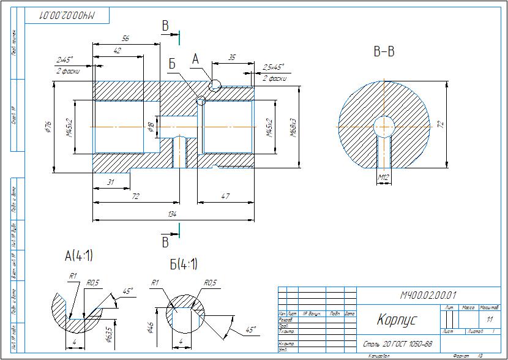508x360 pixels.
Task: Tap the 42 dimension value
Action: coord(117,51)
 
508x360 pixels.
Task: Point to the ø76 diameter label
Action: coord(47,127)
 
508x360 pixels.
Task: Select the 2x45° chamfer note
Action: coord(64,59)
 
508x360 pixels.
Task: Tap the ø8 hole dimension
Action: coord(151,127)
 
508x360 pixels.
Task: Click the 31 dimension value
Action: coord(110,182)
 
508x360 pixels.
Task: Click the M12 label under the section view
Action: coord(384,178)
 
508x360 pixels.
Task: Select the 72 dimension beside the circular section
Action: coord(439,124)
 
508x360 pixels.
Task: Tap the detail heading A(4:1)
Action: coord(79,255)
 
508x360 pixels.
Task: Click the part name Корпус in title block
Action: coord(396,320)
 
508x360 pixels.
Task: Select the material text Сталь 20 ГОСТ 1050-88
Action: coord(398,344)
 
